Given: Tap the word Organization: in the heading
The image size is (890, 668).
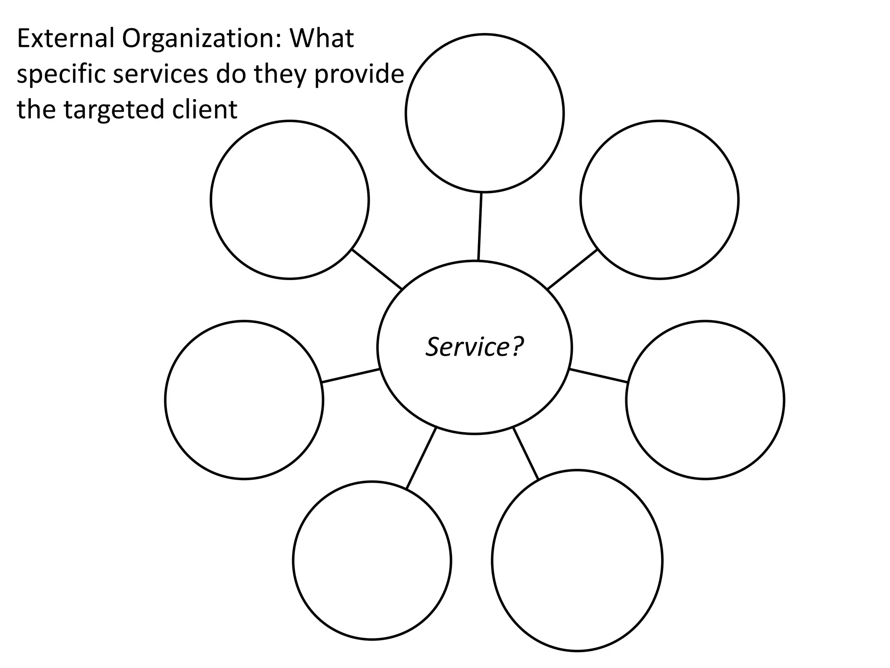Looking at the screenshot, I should (x=202, y=39).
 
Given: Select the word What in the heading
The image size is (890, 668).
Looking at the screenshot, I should (x=322, y=38).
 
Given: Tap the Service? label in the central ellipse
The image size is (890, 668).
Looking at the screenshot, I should (x=475, y=347).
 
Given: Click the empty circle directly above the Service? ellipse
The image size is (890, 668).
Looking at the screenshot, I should (x=485, y=113).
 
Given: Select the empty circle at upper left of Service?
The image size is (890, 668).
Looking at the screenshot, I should (x=290, y=200).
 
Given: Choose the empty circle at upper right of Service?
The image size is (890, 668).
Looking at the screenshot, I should (x=659, y=200).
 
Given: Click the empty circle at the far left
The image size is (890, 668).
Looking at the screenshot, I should (x=244, y=400).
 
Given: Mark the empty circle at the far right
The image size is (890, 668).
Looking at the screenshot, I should (x=705, y=400).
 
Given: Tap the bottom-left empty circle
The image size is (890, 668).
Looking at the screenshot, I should (x=372, y=561).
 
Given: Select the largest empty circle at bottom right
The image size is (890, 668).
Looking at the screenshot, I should (x=577, y=561).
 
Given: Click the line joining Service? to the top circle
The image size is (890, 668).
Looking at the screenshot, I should (x=480, y=226).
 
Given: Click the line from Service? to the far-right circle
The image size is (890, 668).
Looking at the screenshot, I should (x=598, y=376).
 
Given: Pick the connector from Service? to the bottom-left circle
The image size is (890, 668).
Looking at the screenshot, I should (x=421, y=458).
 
